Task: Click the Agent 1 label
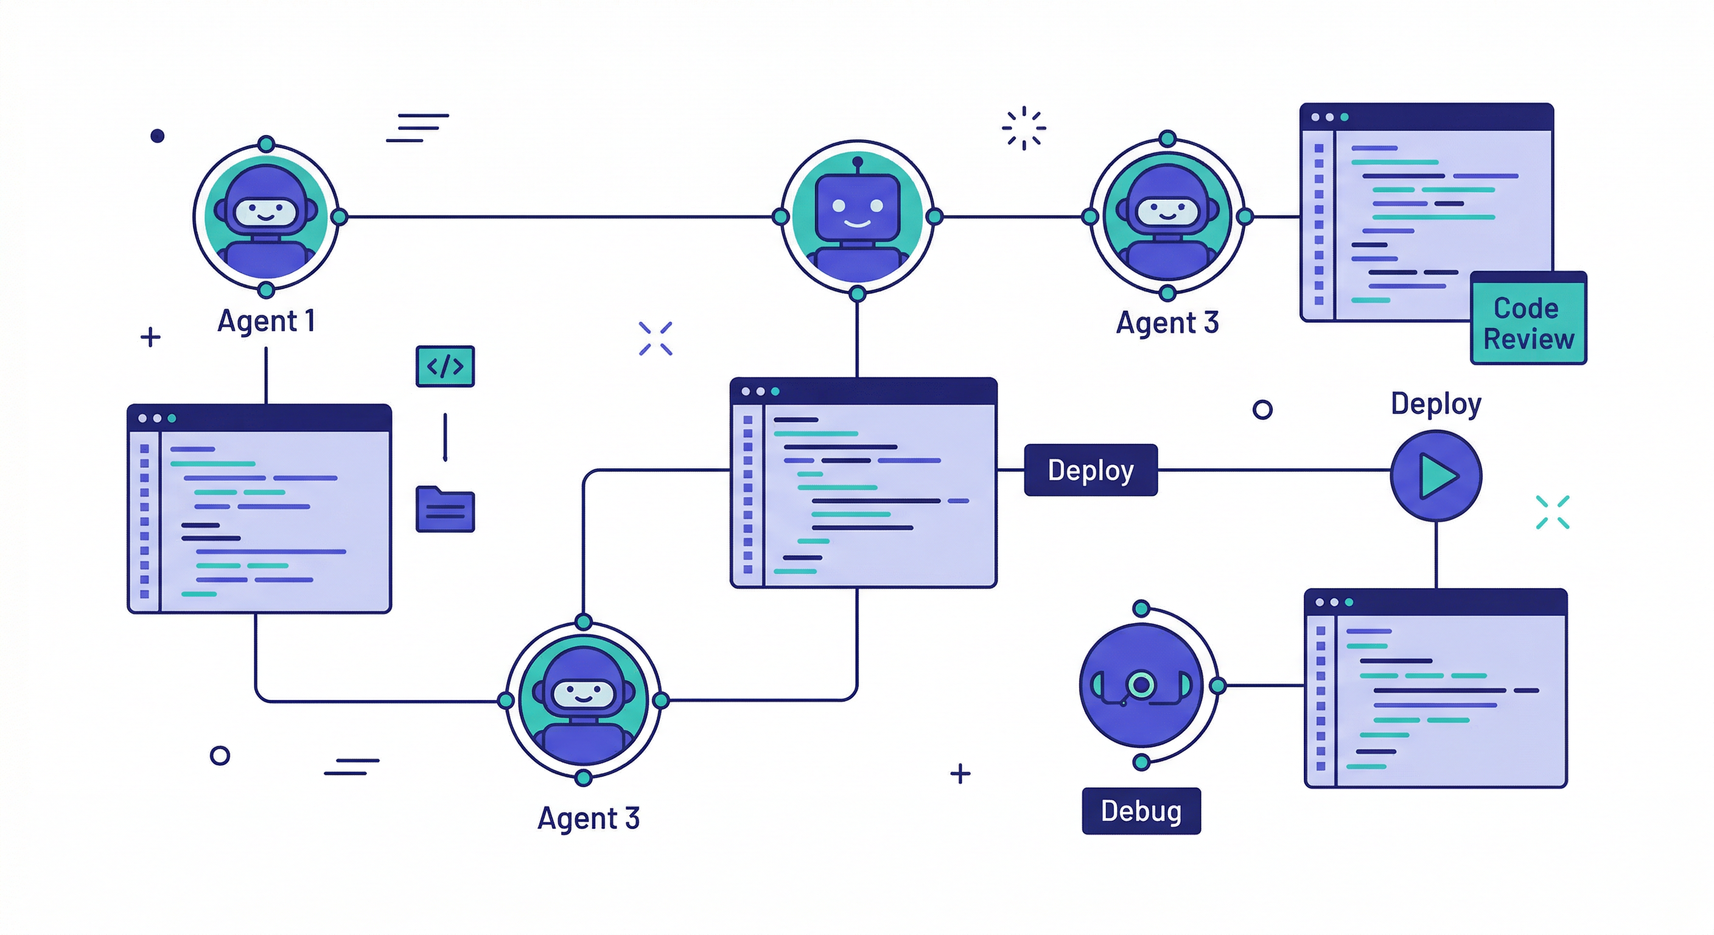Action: click(x=265, y=321)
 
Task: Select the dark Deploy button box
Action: click(x=1091, y=470)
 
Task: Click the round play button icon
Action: click(x=1436, y=475)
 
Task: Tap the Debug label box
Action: click(x=1141, y=811)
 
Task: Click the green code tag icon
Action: click(x=445, y=366)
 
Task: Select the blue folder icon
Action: click(x=445, y=510)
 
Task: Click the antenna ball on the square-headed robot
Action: click(x=858, y=161)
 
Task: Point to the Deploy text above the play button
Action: click(x=1436, y=404)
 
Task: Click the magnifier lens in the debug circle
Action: click(x=1141, y=684)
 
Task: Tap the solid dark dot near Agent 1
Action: click(x=157, y=136)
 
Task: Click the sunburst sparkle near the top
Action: click(x=1024, y=128)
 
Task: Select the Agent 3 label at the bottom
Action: click(x=588, y=818)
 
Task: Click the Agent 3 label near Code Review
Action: click(x=1167, y=323)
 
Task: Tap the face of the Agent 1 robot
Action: click(x=265, y=212)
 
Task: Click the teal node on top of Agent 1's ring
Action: click(x=266, y=144)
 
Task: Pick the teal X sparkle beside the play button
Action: click(x=1552, y=512)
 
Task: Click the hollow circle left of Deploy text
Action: click(x=1262, y=409)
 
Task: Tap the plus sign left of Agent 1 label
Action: click(x=150, y=337)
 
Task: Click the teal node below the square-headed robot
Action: click(x=858, y=293)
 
